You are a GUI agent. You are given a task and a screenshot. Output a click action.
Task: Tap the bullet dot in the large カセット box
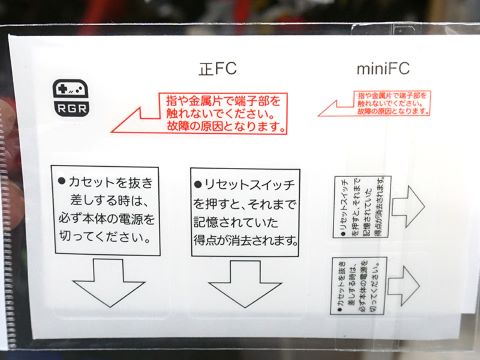(x=62, y=181)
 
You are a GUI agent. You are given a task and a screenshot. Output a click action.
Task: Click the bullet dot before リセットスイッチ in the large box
(x=198, y=185)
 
